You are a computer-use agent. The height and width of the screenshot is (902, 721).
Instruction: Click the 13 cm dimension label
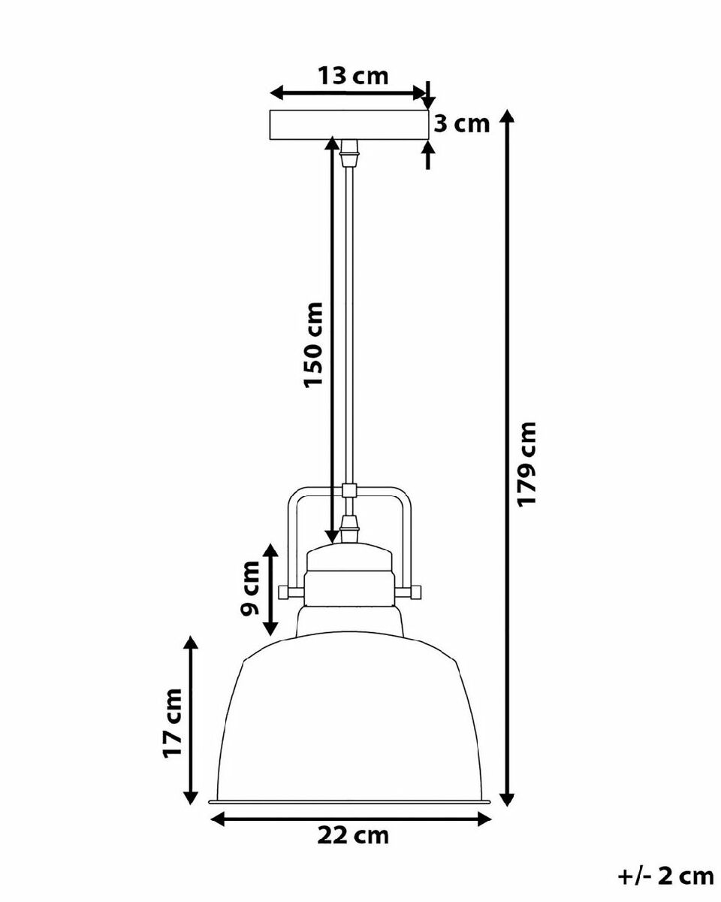[353, 76]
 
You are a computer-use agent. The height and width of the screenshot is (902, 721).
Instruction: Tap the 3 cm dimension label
[461, 124]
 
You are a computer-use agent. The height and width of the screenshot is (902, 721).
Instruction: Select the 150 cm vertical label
[313, 344]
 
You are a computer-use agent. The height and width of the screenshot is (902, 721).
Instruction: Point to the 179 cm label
[526, 465]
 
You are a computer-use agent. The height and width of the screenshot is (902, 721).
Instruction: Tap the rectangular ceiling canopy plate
[349, 125]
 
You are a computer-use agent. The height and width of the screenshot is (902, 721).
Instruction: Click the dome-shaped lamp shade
[350, 721]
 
